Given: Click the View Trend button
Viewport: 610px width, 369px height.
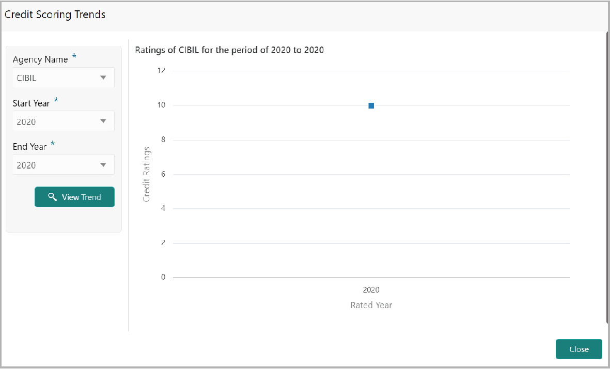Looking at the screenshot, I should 74,197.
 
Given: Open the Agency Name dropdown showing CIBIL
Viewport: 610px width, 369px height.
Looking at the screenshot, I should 64,78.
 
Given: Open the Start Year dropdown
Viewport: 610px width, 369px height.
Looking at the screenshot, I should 64,121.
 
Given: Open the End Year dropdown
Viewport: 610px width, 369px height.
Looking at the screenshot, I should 64,165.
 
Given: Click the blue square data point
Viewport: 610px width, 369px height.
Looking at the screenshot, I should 371,105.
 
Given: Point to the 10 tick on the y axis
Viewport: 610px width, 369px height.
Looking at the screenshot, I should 162,105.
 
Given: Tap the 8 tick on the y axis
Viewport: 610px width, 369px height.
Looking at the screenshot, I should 163,140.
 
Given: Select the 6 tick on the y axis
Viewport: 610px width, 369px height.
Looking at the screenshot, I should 163,174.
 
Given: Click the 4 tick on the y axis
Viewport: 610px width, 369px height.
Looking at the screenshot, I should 163,208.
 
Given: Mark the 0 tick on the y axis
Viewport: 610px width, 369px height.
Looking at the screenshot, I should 163,277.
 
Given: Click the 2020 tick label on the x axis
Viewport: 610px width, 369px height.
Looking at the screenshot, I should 371,290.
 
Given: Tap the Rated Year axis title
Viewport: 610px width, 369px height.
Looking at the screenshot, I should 371,305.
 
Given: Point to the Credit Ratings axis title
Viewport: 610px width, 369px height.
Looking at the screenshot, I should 147,174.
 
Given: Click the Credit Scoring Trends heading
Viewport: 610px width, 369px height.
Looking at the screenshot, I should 55,14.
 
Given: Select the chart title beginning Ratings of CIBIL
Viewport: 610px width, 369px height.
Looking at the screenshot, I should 229,50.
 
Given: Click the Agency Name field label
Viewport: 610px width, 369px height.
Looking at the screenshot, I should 40,59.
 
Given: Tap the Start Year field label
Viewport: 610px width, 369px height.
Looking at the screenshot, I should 31,103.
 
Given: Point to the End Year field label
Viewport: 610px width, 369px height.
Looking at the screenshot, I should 29,147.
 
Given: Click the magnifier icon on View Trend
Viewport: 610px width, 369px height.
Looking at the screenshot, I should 52,197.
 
